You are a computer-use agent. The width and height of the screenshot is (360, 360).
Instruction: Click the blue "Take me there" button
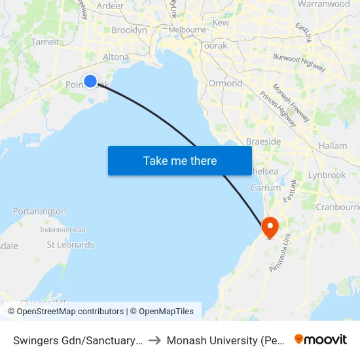click(x=180, y=160)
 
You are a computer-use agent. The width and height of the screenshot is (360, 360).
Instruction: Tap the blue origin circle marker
click(x=90, y=81)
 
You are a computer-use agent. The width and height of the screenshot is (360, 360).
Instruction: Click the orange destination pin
click(x=270, y=227)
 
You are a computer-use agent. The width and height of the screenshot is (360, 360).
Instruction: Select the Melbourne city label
click(x=188, y=30)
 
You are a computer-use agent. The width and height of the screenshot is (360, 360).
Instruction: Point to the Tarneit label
click(x=45, y=42)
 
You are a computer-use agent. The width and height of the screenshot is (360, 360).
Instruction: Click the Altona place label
click(x=116, y=57)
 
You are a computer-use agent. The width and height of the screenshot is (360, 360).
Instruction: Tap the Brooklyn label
click(x=129, y=30)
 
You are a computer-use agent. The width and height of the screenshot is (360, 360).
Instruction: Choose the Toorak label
click(x=213, y=46)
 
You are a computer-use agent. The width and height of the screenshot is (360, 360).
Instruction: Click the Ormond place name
click(x=225, y=83)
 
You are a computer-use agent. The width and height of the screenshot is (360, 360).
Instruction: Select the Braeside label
click(x=263, y=141)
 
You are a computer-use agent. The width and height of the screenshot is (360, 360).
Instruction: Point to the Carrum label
click(x=266, y=188)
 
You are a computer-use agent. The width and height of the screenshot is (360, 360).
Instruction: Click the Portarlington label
click(x=39, y=211)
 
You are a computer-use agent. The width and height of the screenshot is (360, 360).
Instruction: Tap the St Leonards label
click(x=70, y=245)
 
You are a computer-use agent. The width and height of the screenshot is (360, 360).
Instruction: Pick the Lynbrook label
click(x=327, y=175)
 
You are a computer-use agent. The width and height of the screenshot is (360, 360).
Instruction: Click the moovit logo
click(x=321, y=340)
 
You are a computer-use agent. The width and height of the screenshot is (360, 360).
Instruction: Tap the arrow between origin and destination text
click(x=155, y=340)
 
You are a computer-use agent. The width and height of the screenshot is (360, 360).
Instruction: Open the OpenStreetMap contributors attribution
click(x=70, y=312)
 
